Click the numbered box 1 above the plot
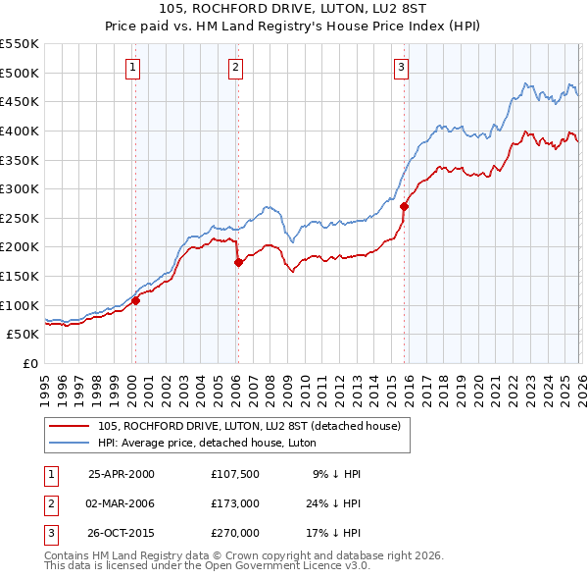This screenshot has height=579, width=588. (x=132, y=68)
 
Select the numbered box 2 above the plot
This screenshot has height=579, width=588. (x=236, y=68)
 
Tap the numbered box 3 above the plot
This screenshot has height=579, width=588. (x=402, y=68)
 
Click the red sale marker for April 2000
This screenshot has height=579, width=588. (x=136, y=301)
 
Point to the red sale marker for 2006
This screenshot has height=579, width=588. (x=238, y=262)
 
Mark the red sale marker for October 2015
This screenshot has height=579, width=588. (x=405, y=206)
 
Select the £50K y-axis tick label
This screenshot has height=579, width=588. (x=24, y=335)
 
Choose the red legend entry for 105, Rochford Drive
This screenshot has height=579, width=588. (x=249, y=426)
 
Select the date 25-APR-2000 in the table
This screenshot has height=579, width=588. (x=122, y=474)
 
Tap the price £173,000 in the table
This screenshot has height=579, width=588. (x=234, y=503)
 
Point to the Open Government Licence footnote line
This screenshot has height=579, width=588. (x=208, y=566)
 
